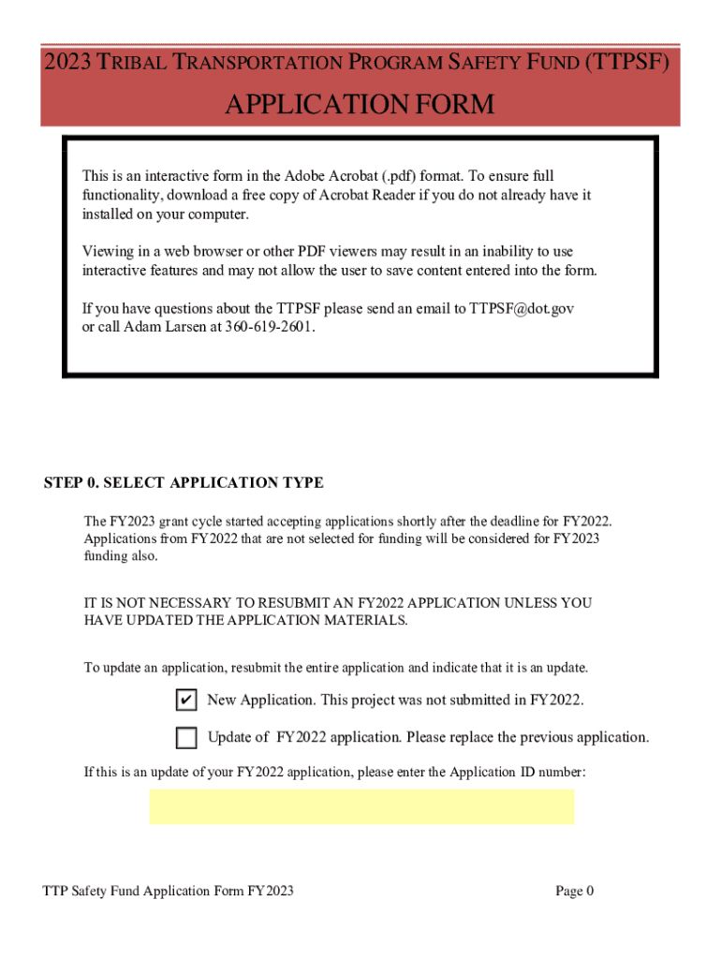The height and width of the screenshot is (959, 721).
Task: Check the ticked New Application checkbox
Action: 185,701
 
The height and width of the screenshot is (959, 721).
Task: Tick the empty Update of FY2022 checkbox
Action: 185,738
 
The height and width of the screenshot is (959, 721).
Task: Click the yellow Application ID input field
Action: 361,806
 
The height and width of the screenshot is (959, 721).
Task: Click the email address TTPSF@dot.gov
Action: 522,308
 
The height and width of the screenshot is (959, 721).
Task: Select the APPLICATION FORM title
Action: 360,104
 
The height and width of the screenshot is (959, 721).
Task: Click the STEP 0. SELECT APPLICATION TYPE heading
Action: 184,483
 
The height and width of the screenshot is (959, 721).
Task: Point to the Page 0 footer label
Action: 574,891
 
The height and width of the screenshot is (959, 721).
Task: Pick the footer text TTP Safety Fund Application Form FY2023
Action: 169,891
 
